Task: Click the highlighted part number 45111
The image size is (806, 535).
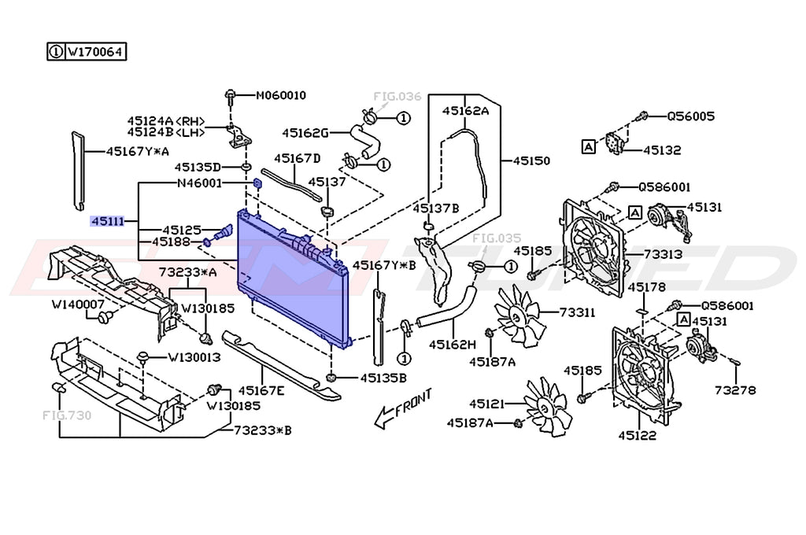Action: (x=107, y=221)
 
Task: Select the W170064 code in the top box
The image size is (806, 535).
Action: (x=95, y=52)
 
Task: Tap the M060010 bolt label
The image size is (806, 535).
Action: (x=281, y=95)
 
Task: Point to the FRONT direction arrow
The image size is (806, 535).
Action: (x=403, y=408)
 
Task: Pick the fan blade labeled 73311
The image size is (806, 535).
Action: (x=518, y=315)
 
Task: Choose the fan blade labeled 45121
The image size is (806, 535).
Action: (x=547, y=406)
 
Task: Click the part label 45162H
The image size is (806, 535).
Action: (x=453, y=345)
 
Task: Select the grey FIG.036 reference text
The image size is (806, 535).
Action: (x=397, y=96)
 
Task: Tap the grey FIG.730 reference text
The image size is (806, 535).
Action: (x=67, y=415)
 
